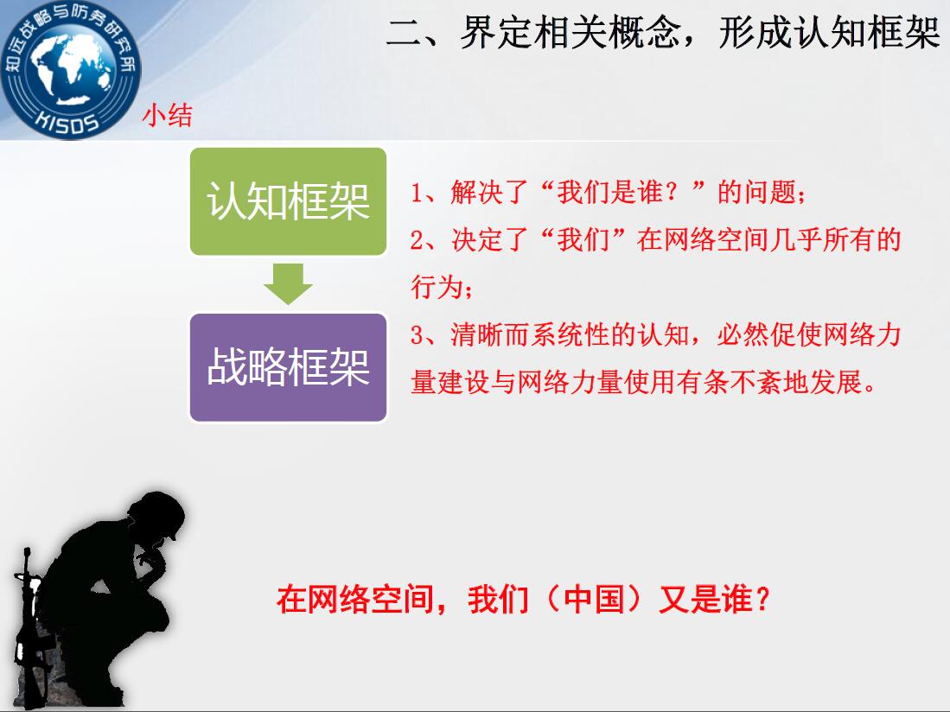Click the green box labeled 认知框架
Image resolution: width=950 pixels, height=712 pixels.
click(x=289, y=201)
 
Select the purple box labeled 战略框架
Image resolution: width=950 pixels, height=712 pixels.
click(x=289, y=367)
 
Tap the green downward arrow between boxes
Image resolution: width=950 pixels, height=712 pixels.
click(x=289, y=283)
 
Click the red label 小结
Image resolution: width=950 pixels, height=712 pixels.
click(x=167, y=115)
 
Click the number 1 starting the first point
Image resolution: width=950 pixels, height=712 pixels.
click(x=417, y=193)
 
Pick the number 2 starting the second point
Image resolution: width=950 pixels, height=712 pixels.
click(x=417, y=239)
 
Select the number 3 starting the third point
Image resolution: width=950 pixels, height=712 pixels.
click(x=417, y=334)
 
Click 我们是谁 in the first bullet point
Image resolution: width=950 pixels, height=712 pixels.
click(x=609, y=193)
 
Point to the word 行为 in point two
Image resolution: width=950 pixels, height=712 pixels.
click(x=437, y=286)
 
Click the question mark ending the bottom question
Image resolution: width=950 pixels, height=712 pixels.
click(x=762, y=600)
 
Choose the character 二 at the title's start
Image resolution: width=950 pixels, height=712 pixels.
click(x=404, y=33)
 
